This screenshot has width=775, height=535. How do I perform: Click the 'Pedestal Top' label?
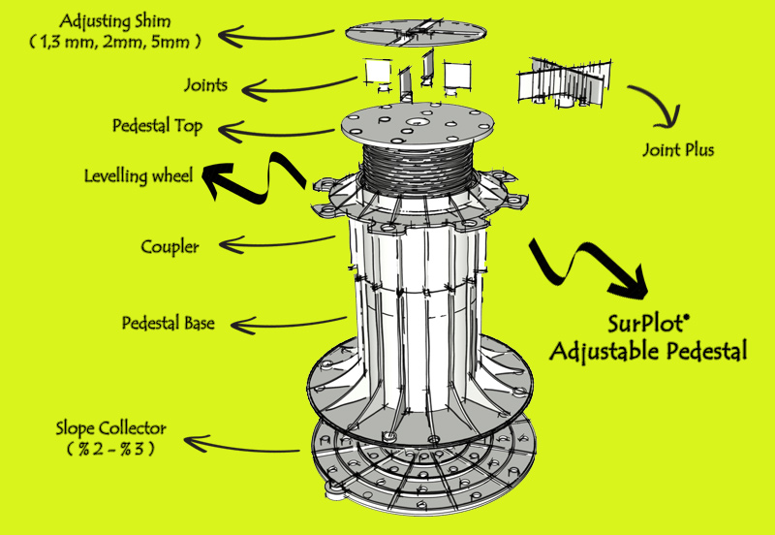pos(170,127)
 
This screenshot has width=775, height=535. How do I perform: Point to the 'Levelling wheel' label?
pos(139,175)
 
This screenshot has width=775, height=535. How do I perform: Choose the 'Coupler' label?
pos(170,246)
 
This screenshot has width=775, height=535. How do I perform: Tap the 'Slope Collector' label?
pos(110,427)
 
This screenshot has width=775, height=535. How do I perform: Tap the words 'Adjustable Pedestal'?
pos(648,350)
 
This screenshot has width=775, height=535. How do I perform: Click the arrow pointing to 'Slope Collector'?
pos(252,446)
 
